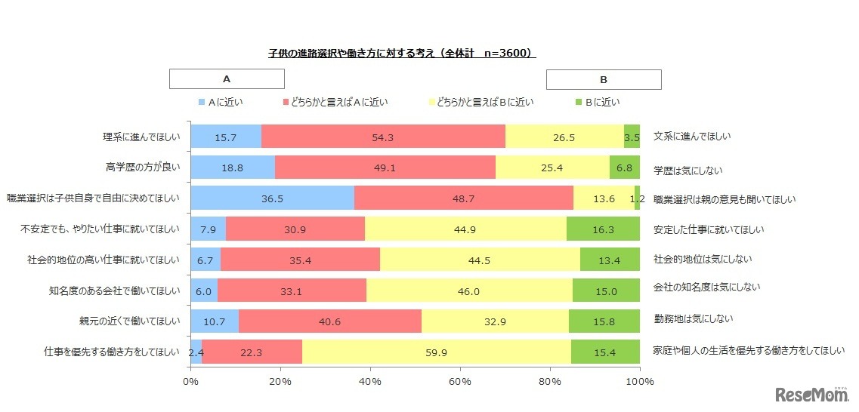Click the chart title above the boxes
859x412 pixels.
click(402, 54)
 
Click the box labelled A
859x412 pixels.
click(227, 79)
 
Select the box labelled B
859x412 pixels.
click(604, 79)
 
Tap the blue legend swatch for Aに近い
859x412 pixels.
click(201, 102)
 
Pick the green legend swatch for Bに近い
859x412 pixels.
click(579, 102)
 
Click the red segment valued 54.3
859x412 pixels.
click(383, 137)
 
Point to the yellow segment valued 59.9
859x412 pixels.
click(437, 351)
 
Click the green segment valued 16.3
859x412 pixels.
click(603, 229)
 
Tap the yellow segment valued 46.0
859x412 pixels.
click(469, 290)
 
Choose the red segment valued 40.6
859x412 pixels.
click(330, 321)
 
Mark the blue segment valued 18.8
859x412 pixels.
click(233, 168)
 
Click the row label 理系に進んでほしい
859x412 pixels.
click(141, 137)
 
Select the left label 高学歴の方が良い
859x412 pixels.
click(143, 168)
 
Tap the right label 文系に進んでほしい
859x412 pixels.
click(692, 137)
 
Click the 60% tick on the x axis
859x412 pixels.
click(460, 381)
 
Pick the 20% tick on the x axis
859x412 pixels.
click(280, 381)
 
